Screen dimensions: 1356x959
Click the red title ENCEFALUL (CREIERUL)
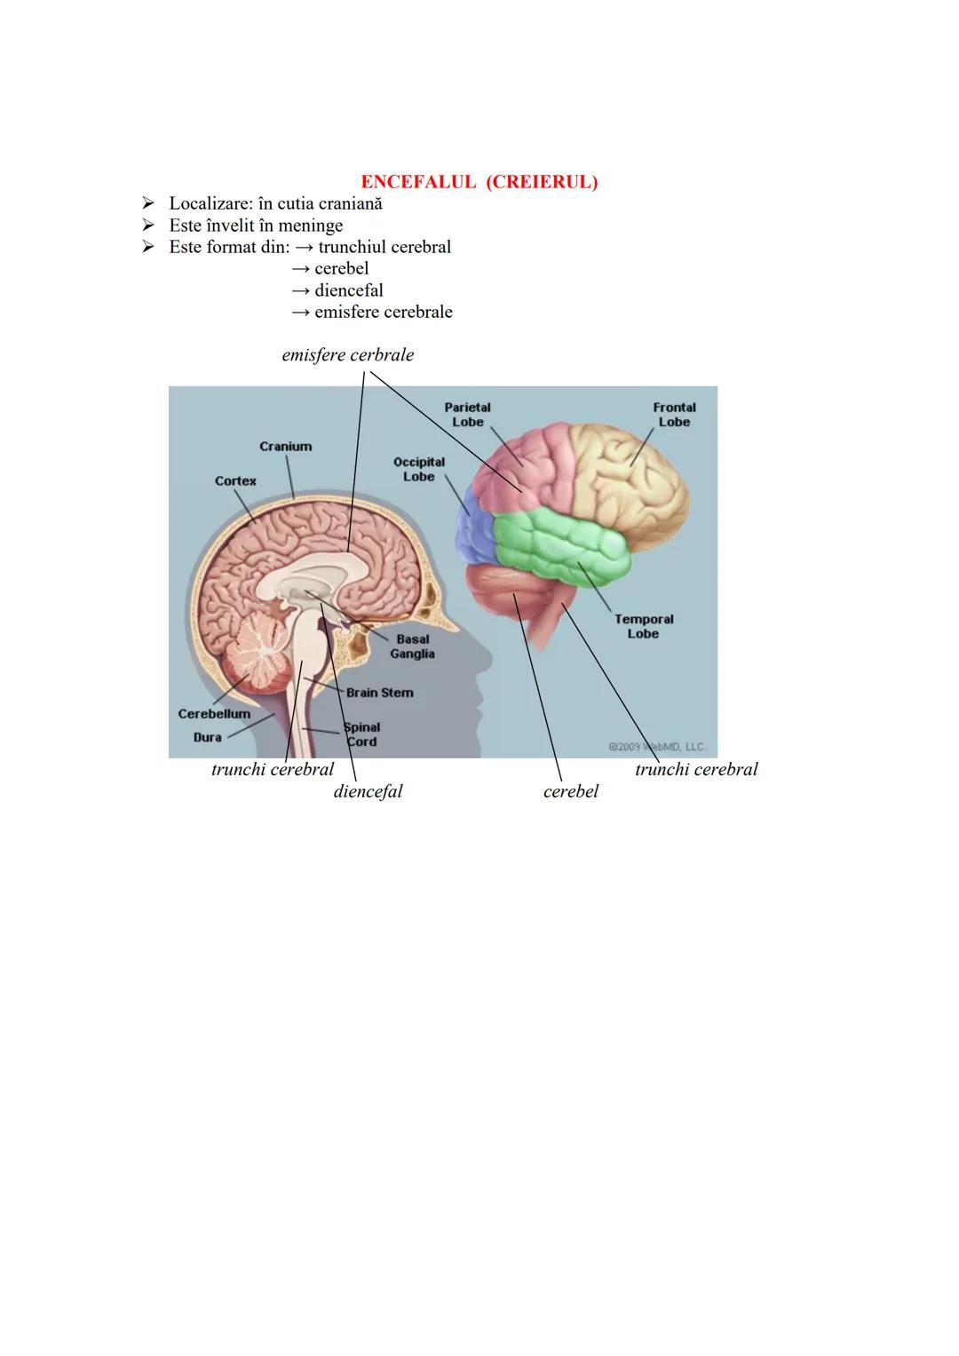(479, 182)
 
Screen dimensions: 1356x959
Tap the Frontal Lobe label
(674, 415)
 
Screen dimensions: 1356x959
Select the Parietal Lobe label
(468, 415)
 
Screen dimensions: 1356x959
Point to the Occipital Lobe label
(419, 470)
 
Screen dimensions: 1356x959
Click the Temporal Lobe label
(644, 626)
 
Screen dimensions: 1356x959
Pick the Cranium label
(285, 447)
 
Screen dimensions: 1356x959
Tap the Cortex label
(235, 481)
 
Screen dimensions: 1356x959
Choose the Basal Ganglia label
(412, 646)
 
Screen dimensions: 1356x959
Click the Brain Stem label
(379, 693)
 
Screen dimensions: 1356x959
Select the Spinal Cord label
(361, 734)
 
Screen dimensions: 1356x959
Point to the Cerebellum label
(214, 714)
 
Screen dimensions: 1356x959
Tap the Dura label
(208, 737)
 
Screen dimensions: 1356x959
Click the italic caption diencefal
(368, 791)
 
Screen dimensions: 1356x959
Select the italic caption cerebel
(571, 791)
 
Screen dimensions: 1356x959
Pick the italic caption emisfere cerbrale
(347, 355)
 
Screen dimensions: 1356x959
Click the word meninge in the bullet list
(311, 226)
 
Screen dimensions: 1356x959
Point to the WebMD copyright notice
(657, 747)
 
